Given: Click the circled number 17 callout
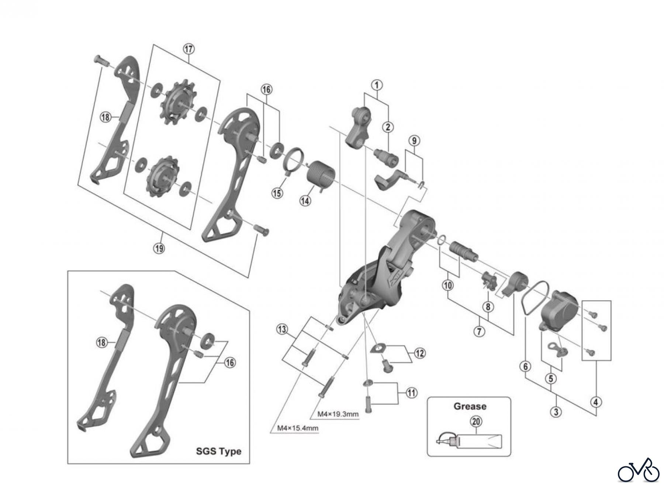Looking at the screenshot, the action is pos(189,49).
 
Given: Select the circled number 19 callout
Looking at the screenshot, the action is pos(159,248).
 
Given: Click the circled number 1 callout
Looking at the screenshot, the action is pos(377,85).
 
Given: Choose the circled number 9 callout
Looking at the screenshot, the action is pos(414,141).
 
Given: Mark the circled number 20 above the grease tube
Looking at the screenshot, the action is pos(476,421).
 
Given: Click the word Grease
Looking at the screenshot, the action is pos(470,407).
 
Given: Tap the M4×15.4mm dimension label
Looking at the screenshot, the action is pos(297,428).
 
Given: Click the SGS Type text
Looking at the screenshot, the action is pos(218,451).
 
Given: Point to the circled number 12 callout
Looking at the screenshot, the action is pos(419,353).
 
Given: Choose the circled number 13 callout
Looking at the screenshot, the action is pos(282,329).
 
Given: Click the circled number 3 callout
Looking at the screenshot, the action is pos(556,412).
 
